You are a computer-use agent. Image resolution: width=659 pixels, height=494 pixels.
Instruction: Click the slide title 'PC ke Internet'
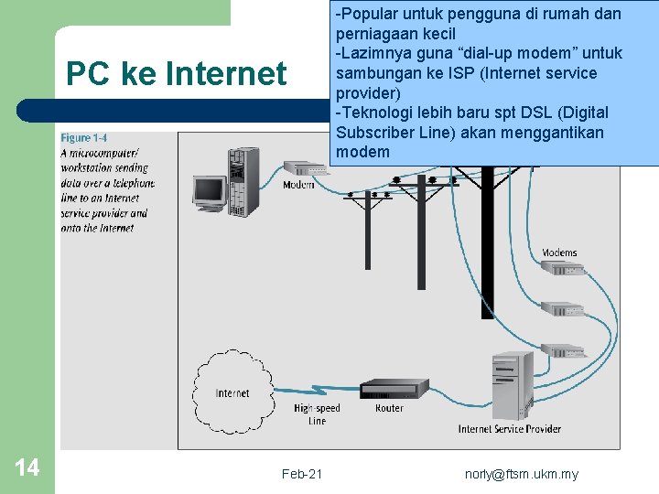177,73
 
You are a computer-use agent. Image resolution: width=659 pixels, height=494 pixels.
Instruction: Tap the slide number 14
27,468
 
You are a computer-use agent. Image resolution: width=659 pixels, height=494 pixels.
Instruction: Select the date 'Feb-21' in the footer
302,474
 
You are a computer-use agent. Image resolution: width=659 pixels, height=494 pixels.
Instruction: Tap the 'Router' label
389,408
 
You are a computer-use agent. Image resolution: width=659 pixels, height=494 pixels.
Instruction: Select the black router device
394,389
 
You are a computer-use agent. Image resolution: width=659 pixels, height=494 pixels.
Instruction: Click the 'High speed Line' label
317,414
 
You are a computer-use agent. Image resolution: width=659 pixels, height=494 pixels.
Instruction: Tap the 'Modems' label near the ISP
559,252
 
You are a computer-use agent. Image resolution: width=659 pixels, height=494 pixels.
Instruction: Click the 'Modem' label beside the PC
299,185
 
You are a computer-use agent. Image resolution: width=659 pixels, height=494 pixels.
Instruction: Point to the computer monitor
210,191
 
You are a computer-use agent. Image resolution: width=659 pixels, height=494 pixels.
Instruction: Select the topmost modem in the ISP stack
562,269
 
